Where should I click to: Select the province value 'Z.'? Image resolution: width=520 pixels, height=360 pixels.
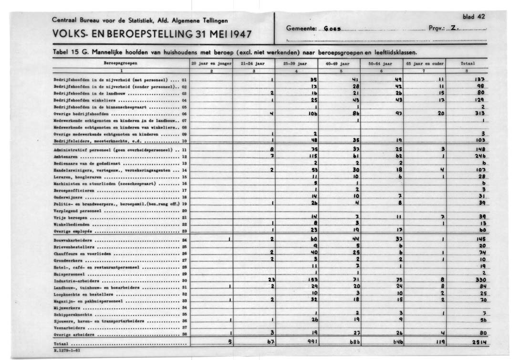point(454,29)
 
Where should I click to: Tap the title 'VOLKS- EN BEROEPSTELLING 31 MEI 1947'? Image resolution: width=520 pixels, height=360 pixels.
point(152,35)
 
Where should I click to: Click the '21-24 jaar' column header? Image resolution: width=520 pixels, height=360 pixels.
point(253,63)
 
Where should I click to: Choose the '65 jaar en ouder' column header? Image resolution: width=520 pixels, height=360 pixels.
point(425,63)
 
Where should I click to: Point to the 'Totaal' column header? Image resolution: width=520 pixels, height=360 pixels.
point(468,63)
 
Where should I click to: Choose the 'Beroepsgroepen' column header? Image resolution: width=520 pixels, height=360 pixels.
point(121,63)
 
